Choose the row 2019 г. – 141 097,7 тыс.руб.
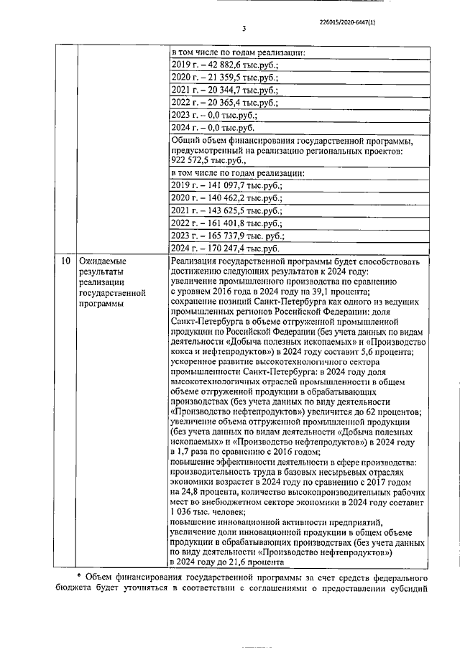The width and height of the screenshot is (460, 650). pos(226,185)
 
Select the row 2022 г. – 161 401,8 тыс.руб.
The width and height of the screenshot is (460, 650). pos(226,223)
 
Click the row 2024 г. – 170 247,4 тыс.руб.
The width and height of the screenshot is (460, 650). pos(226,248)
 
